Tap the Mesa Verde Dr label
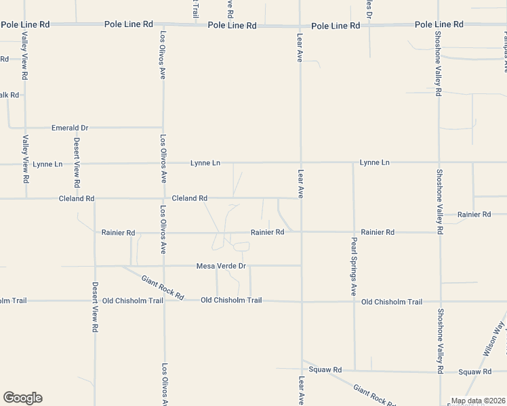pyautogui.click(x=221, y=267)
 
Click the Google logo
pyautogui.click(x=22, y=398)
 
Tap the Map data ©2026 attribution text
pyautogui.click(x=479, y=401)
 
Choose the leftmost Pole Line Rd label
pyautogui.click(x=26, y=24)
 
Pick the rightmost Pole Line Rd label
pyautogui.click(x=439, y=24)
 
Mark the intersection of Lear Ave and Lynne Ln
pyautogui.click(x=300, y=162)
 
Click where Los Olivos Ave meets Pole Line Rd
pyautogui.click(x=163, y=24)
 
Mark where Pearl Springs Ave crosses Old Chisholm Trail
pyautogui.click(x=353, y=301)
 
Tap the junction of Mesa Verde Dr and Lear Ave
pyautogui.click(x=301, y=265)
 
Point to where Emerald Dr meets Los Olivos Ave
pyautogui.click(x=163, y=127)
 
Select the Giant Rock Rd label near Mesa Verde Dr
pyautogui.click(x=163, y=288)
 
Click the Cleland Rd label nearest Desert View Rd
pyautogui.click(x=76, y=199)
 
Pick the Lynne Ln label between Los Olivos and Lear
pyautogui.click(x=205, y=163)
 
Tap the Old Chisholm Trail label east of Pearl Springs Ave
pyautogui.click(x=392, y=302)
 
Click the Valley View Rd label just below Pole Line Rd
pyautogui.click(x=25, y=58)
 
